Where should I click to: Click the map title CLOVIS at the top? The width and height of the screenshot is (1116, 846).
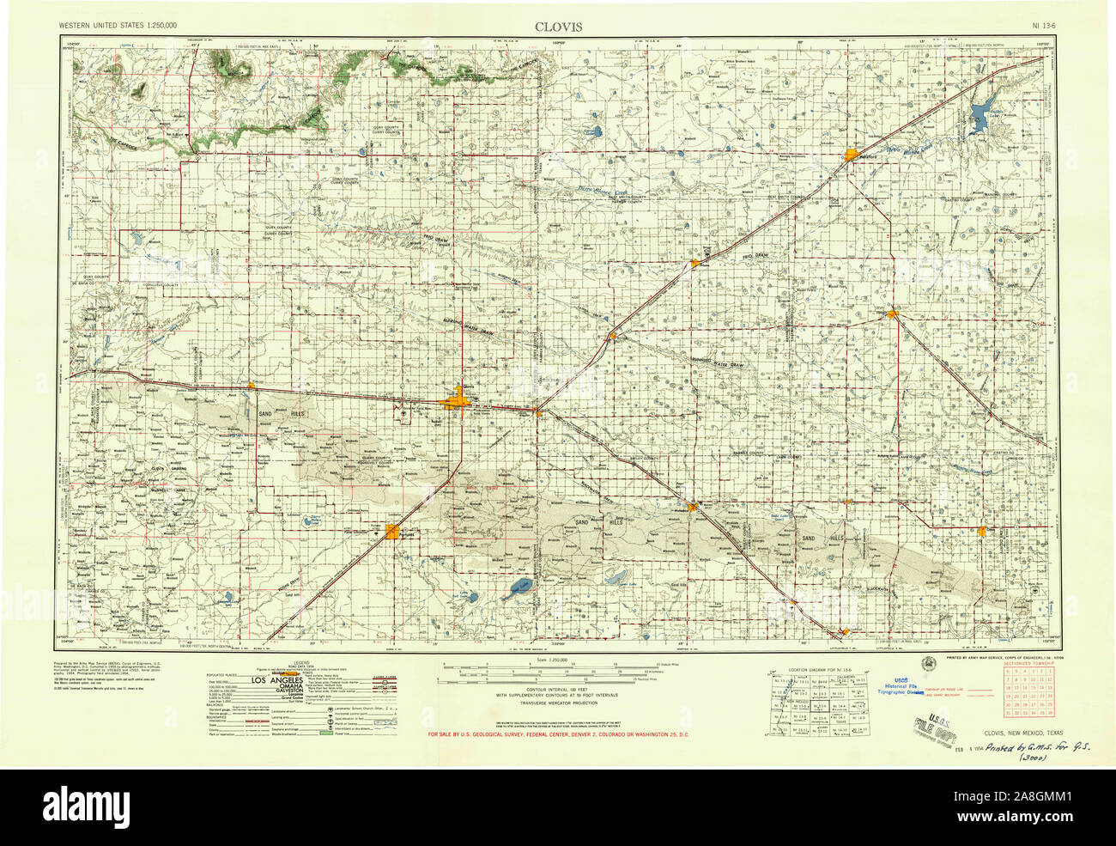coord(558,27)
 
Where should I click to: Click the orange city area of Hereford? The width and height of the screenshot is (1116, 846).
coord(852,155)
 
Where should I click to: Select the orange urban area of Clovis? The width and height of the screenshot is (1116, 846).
coord(457,402)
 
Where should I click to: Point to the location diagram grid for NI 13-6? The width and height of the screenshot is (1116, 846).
coord(819,704)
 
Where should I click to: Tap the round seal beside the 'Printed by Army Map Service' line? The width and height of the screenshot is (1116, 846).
coord(931,662)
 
